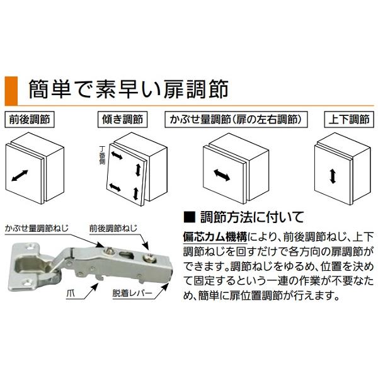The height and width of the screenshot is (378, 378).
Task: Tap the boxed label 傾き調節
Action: coord(122,118)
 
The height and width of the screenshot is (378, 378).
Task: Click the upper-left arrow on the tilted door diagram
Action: coord(118,155)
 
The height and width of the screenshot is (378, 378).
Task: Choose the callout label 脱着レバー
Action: coord(132,294)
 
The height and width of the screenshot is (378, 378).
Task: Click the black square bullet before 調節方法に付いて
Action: coord(186,217)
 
